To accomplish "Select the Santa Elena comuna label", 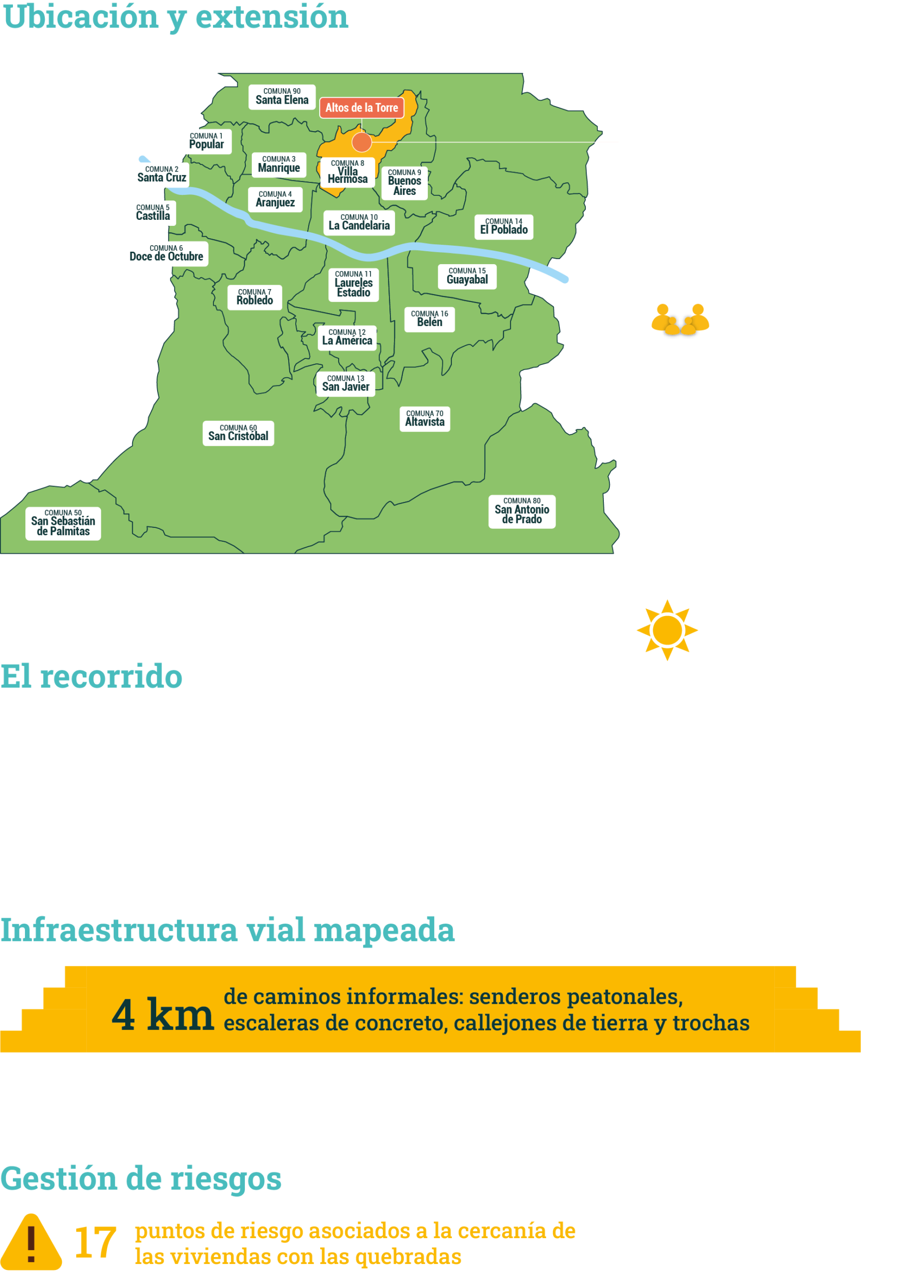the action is pos(282,97).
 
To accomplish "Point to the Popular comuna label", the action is pos(206,141).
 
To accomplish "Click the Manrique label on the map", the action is pos(279,164).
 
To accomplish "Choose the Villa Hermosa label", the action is pos(347,172).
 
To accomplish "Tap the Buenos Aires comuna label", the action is pos(404,183).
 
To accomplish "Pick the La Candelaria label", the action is pos(359,222).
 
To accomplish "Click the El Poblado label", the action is pos(504,227).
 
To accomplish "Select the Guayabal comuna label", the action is pos(467,276).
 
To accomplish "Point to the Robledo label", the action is pos(255,297).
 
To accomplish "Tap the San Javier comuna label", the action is pos(346,384).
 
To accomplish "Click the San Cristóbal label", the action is pos(238,433).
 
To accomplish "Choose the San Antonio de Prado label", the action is pos(522,511).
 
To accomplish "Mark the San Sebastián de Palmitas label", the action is pos(63,524).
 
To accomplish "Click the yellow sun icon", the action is pos(667,630).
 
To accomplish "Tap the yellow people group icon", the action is pos(680,319).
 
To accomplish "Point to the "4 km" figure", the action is pos(163,1015).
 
